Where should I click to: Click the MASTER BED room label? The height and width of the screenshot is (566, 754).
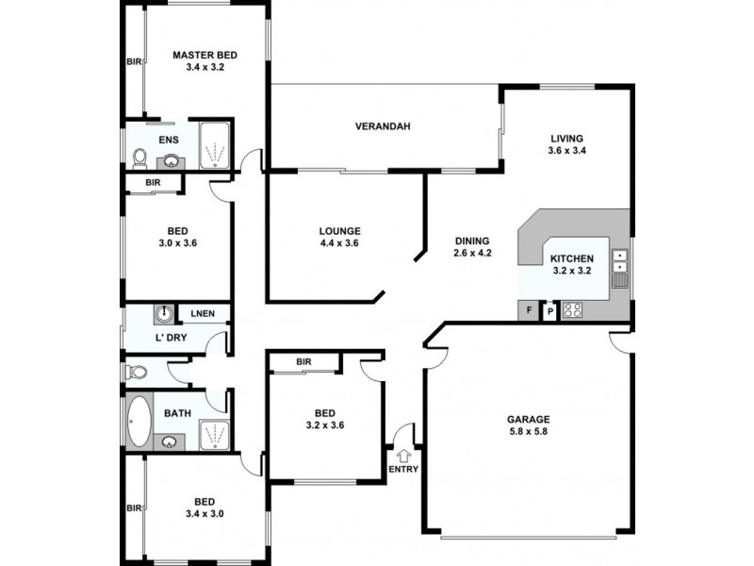point(204,56)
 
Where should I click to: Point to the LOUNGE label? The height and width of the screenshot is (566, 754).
point(340,230)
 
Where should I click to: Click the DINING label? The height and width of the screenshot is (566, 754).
point(472,241)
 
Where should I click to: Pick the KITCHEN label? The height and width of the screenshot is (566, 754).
point(571,258)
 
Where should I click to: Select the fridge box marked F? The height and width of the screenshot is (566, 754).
point(528,309)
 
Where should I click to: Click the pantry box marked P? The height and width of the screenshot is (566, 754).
point(549,309)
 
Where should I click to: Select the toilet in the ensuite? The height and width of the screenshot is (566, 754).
point(139,157)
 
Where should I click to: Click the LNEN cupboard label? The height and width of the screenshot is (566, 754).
point(203,313)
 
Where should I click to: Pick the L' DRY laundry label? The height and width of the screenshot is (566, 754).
point(172,337)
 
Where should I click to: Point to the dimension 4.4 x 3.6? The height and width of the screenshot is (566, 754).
point(340,243)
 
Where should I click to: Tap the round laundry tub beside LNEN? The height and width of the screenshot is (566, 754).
point(165,312)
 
